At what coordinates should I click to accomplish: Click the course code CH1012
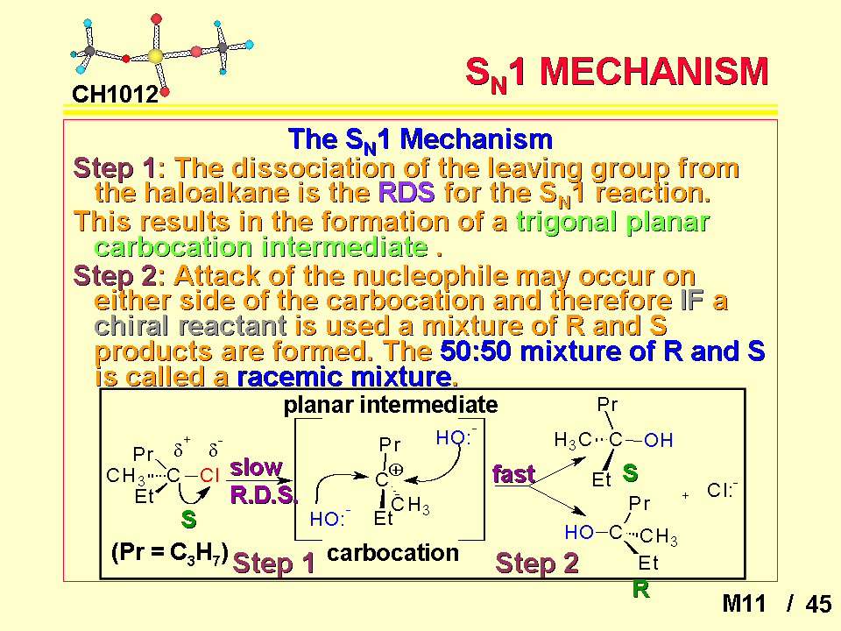(115, 95)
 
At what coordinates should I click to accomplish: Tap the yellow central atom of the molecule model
(155, 56)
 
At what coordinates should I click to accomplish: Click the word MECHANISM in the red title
(654, 72)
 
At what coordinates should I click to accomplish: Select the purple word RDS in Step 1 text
(406, 192)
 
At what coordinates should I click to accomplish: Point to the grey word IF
(692, 301)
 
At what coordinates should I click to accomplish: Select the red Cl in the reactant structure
(209, 475)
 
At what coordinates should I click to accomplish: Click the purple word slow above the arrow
(256, 468)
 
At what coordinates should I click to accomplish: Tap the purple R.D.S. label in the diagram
(263, 494)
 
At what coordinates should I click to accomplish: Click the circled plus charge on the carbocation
(396, 471)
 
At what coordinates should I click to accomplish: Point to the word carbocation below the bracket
(392, 553)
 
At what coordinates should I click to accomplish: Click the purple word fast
(514, 474)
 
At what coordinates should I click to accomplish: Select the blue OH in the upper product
(658, 441)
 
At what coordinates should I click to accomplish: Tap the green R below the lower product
(641, 589)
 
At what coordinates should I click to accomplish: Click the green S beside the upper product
(630, 473)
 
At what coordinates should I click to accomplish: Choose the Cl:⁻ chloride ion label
(722, 490)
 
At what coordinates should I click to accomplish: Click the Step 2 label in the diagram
(537, 564)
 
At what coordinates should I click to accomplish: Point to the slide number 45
(818, 604)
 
